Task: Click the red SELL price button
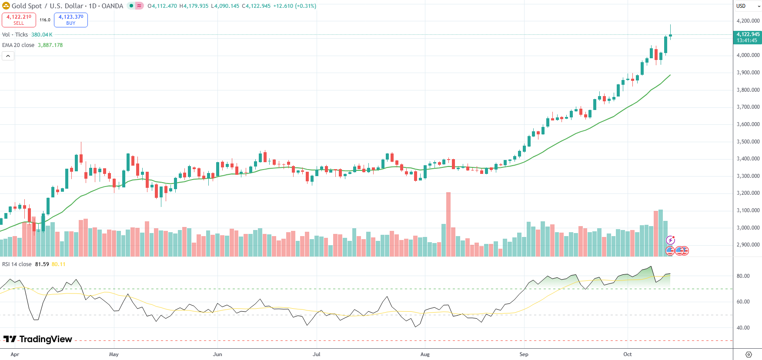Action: (19, 20)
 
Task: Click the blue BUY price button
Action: (71, 20)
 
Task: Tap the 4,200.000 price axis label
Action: (748, 21)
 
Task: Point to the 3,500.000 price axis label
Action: (748, 142)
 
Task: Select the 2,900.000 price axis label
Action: (748, 245)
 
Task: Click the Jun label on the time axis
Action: (217, 354)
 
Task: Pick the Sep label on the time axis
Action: (524, 354)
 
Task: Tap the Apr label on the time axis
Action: (15, 354)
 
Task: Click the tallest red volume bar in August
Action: (448, 224)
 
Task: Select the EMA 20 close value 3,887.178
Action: (50, 45)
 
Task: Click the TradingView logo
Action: (38, 339)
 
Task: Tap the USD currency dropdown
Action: (748, 6)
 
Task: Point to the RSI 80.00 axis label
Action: (743, 276)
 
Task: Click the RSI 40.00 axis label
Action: (743, 328)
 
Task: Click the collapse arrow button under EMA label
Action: (8, 56)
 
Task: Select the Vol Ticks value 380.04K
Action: (42, 35)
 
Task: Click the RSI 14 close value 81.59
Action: (42, 264)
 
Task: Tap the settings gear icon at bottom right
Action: (749, 354)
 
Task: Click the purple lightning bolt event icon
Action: (671, 240)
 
